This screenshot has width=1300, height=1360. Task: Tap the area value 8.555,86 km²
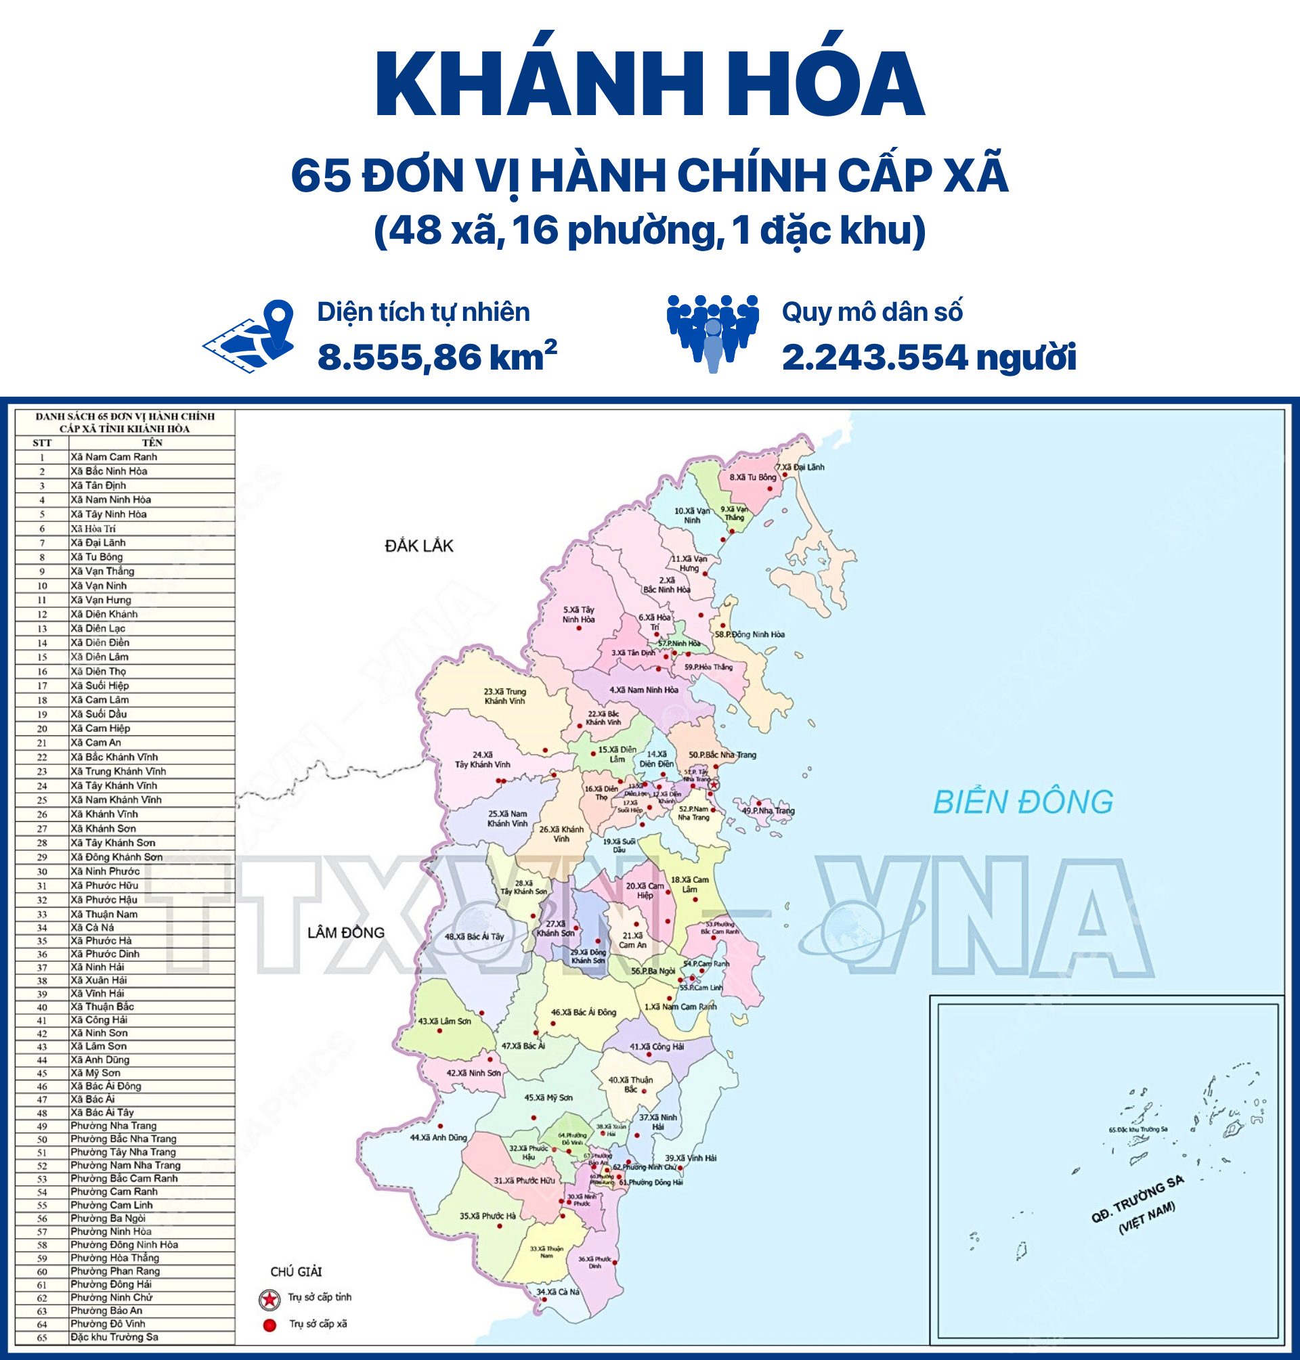point(437,357)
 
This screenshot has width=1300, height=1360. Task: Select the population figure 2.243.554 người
point(928,357)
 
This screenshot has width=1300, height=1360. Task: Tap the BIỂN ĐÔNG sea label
point(1023,802)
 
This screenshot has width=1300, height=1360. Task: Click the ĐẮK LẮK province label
point(418,546)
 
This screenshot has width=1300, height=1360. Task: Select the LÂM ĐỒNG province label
point(346,933)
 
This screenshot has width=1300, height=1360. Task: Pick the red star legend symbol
point(269,1299)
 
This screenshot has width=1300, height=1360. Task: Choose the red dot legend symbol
point(269,1325)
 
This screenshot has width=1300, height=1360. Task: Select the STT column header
point(41,442)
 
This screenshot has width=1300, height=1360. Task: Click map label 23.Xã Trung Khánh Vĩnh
point(504,696)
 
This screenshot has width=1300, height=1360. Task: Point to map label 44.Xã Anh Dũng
point(438,1137)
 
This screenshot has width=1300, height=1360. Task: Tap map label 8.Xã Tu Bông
point(752,477)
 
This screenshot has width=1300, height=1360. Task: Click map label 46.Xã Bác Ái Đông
point(584,1012)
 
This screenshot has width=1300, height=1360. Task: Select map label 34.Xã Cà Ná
point(558,1292)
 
